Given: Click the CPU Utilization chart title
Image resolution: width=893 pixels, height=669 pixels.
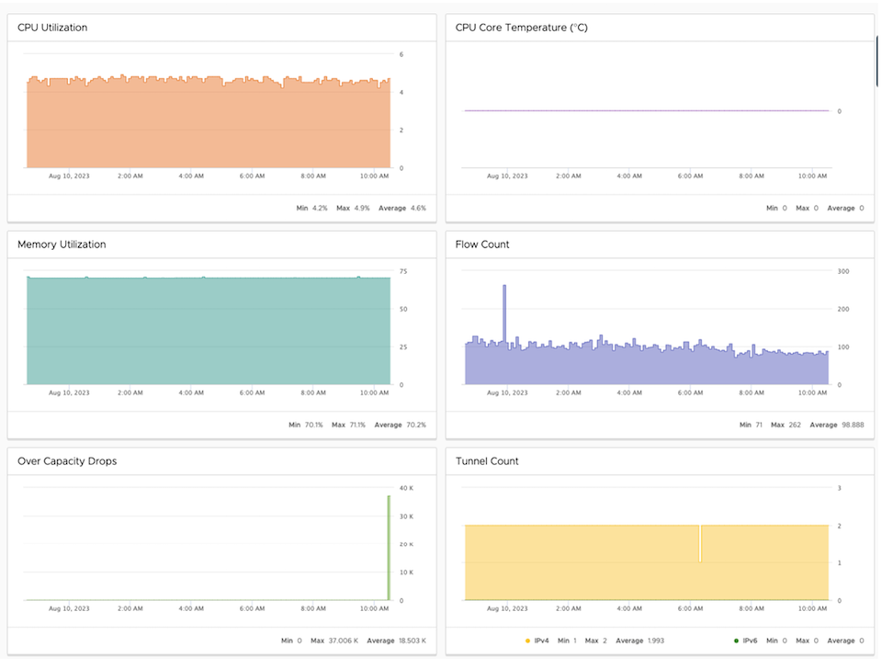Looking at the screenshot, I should pyautogui.click(x=52, y=28).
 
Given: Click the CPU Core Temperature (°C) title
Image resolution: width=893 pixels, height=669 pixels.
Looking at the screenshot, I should pyautogui.click(x=521, y=28).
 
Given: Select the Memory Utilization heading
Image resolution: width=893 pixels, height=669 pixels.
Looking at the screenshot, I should pyautogui.click(x=62, y=244).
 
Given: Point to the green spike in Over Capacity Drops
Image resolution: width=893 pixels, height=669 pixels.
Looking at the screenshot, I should pyautogui.click(x=388, y=547).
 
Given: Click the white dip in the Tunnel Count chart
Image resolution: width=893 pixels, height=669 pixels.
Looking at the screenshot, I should pyautogui.click(x=700, y=544).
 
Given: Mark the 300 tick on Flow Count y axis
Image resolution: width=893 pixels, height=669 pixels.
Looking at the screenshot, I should pyautogui.click(x=842, y=271).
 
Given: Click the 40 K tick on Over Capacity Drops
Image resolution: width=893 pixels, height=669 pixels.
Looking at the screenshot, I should pyautogui.click(x=405, y=488).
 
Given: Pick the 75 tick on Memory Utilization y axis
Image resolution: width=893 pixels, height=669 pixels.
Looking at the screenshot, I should pyautogui.click(x=402, y=271).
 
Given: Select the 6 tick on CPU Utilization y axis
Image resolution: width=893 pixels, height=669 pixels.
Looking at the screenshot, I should pyautogui.click(x=401, y=54).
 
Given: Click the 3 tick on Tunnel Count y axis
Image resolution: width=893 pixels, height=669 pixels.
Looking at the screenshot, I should pyautogui.click(x=839, y=488).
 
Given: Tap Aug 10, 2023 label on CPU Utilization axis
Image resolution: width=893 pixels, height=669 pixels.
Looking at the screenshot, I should pyautogui.click(x=69, y=176).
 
